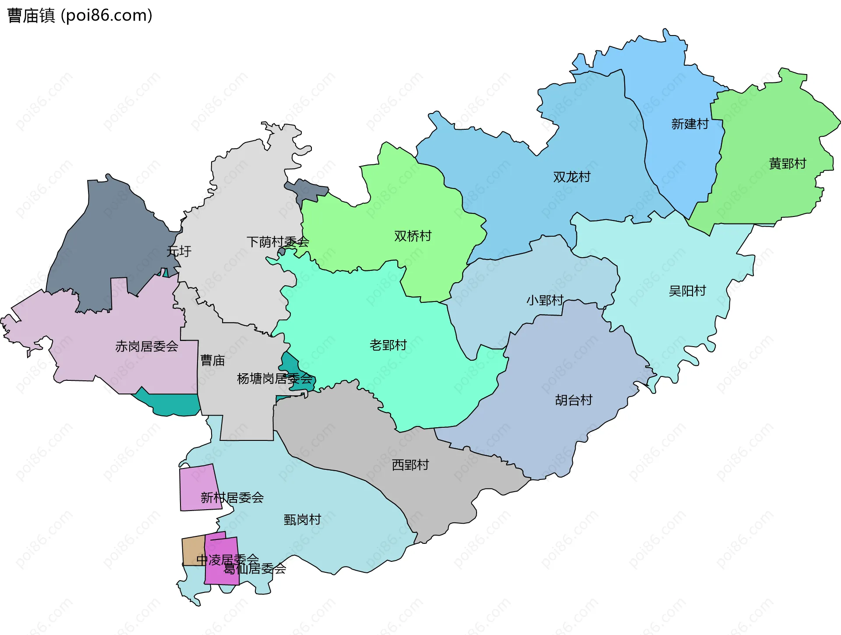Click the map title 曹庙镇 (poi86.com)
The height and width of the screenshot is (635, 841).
pyautogui.click(x=80, y=15)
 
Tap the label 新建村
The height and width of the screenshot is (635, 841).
pyautogui.click(x=690, y=124)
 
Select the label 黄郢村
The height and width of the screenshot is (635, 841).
pyautogui.click(x=788, y=163)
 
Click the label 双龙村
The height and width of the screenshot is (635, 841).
pyautogui.click(x=572, y=177)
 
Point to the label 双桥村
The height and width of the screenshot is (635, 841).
pyautogui.click(x=413, y=236)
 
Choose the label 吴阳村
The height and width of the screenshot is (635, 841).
pyautogui.click(x=687, y=291)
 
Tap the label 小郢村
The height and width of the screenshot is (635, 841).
pyautogui.click(x=544, y=300)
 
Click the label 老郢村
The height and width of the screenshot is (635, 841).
pyautogui.click(x=388, y=345)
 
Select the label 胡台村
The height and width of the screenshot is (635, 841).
pyautogui.click(x=573, y=400)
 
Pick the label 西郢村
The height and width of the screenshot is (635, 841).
pyautogui.click(x=410, y=465)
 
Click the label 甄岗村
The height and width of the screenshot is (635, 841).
pyautogui.click(x=302, y=519)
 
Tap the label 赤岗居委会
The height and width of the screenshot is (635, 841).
pyautogui.click(x=147, y=346)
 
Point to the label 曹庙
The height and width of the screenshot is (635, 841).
pyautogui.click(x=212, y=360)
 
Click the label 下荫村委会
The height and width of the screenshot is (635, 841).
pyautogui.click(x=278, y=241)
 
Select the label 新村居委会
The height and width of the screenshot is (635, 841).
pyautogui.click(x=232, y=497)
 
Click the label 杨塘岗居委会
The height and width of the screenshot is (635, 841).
pyautogui.click(x=275, y=378)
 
